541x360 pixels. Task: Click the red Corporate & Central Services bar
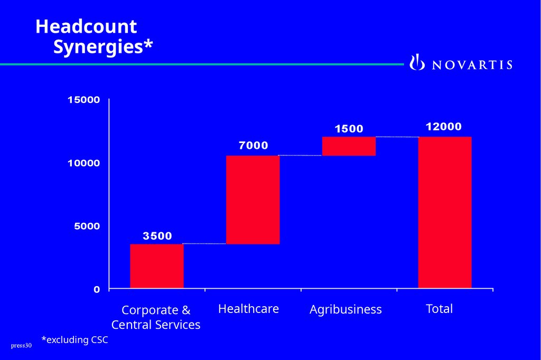156,266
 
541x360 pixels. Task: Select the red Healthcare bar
253,200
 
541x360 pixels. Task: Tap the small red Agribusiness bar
349,146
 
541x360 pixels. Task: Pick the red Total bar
444,212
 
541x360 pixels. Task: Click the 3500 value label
157,236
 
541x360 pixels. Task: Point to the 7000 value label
253,146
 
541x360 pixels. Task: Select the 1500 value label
349,129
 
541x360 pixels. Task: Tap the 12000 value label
444,127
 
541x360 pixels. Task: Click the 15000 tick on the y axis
83,100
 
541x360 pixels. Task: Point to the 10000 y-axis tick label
83,163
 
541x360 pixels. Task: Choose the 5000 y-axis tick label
87,226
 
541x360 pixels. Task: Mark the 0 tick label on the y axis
97,289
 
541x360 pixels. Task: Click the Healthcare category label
248,308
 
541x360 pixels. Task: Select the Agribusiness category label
346,309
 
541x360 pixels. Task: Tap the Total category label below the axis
439,308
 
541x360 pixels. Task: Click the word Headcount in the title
86,26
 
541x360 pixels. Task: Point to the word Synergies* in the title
103,47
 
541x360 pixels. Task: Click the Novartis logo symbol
417,63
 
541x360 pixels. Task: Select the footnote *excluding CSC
74,340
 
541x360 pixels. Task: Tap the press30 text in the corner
21,346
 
